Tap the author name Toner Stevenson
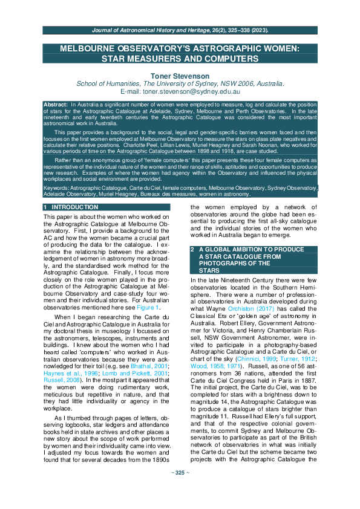pyautogui.click(x=180, y=76)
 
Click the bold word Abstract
pyautogui.click(x=56, y=104)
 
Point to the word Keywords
pyautogui.click(x=56, y=189)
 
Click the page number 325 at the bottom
pyautogui.click(x=180, y=489)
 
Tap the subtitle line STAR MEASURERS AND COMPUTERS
pyautogui.click(x=180, y=59)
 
